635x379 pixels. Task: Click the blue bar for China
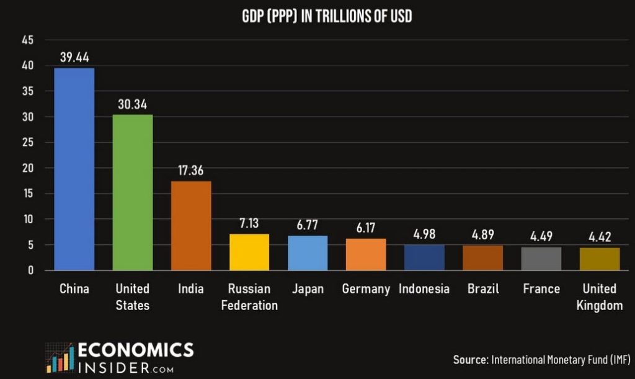74,169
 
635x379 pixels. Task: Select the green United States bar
132,192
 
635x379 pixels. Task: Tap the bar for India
191,225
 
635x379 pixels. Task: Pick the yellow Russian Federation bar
249,252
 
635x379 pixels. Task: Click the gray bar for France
541,259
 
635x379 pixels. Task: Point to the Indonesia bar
424,257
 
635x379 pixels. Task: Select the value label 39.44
74,58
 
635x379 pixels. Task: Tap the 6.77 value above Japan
308,225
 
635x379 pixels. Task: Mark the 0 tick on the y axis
30,270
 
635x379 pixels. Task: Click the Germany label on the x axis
366,289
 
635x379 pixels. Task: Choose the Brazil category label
483,289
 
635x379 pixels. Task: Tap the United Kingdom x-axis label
600,297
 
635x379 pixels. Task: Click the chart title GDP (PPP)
327,17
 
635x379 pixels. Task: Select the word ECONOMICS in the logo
136,350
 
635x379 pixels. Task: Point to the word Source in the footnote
470,360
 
